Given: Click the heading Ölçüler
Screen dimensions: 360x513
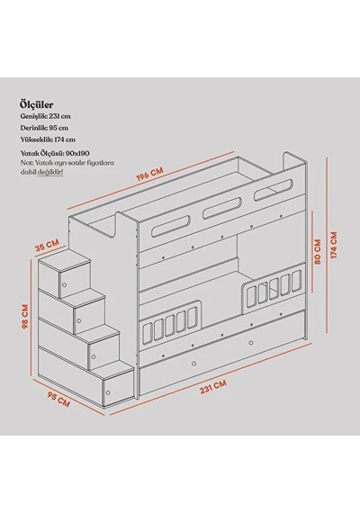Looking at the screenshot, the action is pos(37,104).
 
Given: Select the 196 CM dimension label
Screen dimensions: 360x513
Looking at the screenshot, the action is pos(149,174).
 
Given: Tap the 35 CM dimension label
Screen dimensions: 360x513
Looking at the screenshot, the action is pos(47,245).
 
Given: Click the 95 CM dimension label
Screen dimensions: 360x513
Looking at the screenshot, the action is pos(58,400).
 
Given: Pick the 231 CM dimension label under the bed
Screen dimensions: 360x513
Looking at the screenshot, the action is pos(212,387).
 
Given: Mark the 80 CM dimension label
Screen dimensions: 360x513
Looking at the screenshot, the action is pos(317,252).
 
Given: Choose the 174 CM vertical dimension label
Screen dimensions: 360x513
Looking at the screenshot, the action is pos(334,246).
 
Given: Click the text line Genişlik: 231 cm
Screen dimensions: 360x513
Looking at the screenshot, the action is pos(46,116).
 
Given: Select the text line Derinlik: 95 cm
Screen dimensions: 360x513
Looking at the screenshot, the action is pos(44,128).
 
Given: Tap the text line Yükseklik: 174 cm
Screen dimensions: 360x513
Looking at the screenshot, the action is pos(48,139).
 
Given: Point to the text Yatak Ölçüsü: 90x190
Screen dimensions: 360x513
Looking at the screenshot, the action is pos(55,153).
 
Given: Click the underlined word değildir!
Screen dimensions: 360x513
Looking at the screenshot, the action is pos(50,172).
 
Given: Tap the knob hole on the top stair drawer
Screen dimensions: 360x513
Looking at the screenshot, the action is pos(65,284).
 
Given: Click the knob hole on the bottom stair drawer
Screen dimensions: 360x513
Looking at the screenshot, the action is pos(108,392).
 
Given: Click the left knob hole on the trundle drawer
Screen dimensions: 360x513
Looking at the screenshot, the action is pos(194,364).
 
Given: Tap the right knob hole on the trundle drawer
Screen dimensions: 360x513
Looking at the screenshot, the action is pos(251,343).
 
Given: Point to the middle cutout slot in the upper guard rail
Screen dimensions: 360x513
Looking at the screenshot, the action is pos(222,208).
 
